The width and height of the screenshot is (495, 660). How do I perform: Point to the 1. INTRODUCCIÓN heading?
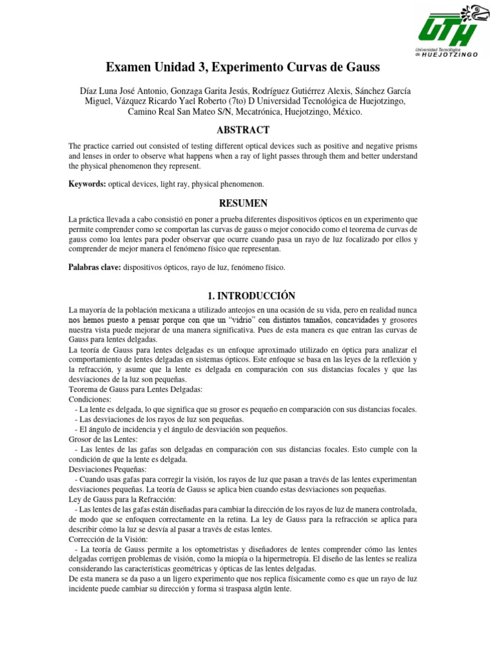[251, 296]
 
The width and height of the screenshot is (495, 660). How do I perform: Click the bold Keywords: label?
[88, 184]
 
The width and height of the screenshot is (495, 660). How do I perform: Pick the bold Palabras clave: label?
[95, 267]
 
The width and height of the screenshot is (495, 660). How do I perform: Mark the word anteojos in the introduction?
[228, 310]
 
